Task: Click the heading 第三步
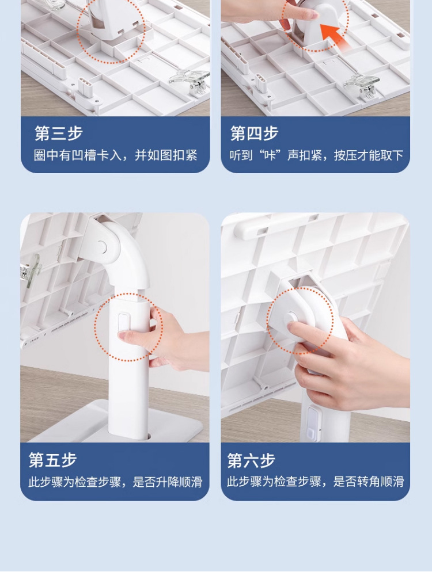58,133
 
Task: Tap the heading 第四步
254,133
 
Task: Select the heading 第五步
52,460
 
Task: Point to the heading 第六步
251,460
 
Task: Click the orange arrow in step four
334,35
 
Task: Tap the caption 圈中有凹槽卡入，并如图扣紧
116,155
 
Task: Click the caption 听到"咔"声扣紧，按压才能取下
317,155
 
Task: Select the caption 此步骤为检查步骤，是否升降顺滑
115,482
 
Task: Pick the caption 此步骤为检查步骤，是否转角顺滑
316,482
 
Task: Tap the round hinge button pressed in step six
292,318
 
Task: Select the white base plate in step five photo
117,423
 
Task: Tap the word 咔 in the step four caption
271,155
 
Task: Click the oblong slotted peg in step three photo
85,87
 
